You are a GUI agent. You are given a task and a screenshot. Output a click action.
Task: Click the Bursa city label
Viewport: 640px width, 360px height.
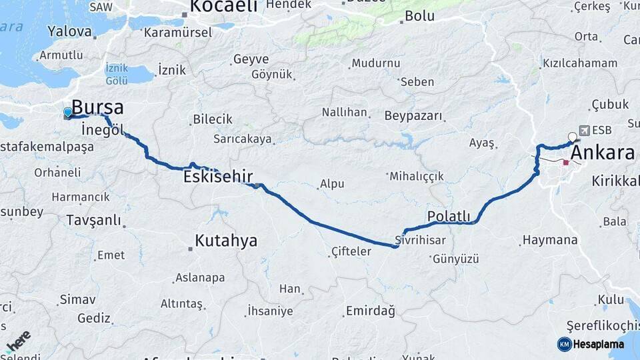[97, 107]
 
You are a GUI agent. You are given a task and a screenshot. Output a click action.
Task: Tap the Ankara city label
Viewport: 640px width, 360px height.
[603, 153]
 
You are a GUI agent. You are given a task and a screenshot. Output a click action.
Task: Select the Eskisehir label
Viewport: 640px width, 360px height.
[218, 177]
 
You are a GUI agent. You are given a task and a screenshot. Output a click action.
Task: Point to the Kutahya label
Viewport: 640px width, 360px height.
[226, 241]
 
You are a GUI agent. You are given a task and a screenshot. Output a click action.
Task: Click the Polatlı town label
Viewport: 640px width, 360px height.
[449, 216]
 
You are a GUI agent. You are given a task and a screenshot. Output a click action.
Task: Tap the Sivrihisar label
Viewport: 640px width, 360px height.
[419, 239]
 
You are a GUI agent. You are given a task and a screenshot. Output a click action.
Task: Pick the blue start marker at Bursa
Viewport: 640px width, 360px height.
[67, 112]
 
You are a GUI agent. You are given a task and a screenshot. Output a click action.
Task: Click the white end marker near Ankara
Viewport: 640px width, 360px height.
[572, 137]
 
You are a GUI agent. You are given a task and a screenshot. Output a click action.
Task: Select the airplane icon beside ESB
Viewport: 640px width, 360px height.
[585, 130]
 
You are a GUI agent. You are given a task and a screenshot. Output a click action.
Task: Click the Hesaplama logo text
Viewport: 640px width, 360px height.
[598, 344]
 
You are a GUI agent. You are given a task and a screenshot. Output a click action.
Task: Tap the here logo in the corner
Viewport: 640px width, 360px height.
[18, 340]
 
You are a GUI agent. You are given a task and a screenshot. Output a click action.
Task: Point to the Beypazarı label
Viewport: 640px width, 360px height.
[413, 115]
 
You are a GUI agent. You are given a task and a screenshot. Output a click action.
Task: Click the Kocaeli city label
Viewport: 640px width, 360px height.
[223, 7]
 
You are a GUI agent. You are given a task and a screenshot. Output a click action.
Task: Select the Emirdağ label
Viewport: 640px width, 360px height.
[370, 311]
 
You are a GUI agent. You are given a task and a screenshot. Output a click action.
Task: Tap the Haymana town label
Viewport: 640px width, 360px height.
[550, 239]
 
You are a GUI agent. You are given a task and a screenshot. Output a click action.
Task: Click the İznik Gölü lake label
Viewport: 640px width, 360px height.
[117, 74]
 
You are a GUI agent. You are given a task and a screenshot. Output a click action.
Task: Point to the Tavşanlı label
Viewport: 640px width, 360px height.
[93, 219]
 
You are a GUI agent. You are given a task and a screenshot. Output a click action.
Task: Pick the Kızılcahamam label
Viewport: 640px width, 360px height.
[580, 63]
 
